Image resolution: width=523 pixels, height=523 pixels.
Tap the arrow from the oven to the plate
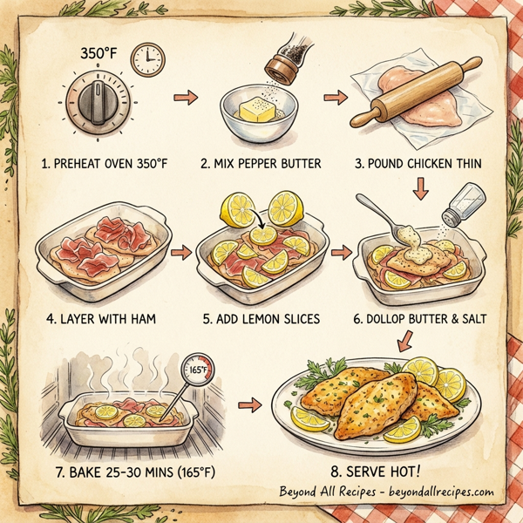point(251,404)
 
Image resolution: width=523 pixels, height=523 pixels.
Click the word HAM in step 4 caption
point(139,319)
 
